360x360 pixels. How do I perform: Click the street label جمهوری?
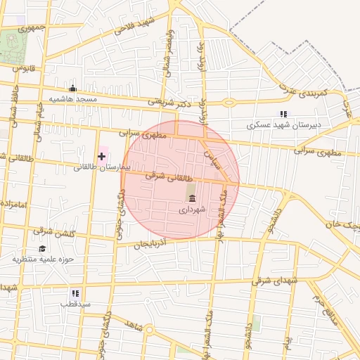[x=32, y=28]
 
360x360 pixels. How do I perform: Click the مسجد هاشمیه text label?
[x=72, y=100]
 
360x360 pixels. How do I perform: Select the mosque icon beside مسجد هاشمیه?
[x=72, y=89]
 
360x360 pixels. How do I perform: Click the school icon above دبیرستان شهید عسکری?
[x=283, y=114]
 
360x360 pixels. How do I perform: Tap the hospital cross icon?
[x=102, y=155]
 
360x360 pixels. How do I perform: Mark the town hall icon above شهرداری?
[x=192, y=199]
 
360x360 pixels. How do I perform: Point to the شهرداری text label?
[x=192, y=210]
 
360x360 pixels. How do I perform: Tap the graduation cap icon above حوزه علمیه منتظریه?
[x=42, y=248]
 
